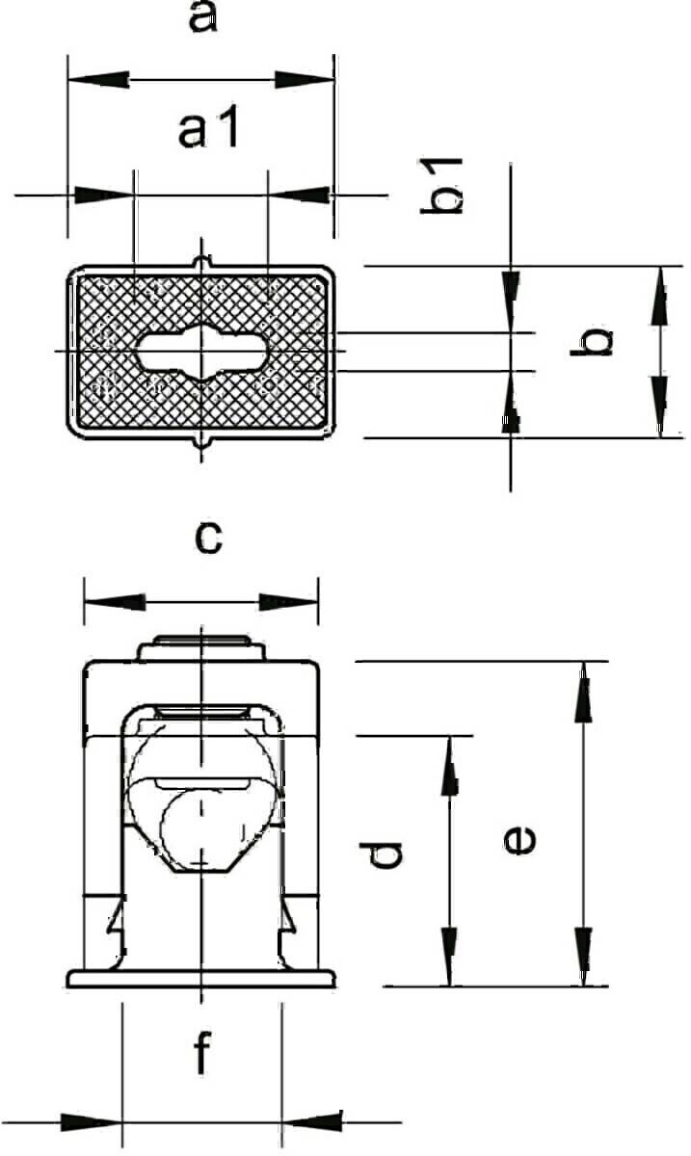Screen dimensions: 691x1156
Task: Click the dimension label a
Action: coord(203,17)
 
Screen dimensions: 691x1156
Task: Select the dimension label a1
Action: coord(208,126)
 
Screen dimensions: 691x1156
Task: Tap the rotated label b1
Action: coord(441,185)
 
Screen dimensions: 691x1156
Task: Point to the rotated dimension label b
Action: coord(592,341)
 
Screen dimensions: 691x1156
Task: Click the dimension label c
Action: coord(208,538)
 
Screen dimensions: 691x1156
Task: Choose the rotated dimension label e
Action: coord(520,840)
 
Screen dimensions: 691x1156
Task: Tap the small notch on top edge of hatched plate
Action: coord(201,262)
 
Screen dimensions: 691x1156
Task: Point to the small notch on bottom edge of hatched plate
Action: coord(201,443)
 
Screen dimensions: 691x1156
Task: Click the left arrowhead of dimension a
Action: coord(98,80)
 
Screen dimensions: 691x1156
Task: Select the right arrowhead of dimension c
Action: coord(288,602)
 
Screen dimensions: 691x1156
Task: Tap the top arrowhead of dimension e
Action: coord(584,692)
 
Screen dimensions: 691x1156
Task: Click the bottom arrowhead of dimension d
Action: coord(449,957)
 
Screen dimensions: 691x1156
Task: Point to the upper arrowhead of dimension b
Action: coord(660,296)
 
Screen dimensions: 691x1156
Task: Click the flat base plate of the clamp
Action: coord(201,979)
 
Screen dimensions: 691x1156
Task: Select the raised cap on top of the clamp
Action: coord(201,647)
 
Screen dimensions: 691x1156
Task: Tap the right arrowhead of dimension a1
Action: coord(300,196)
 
